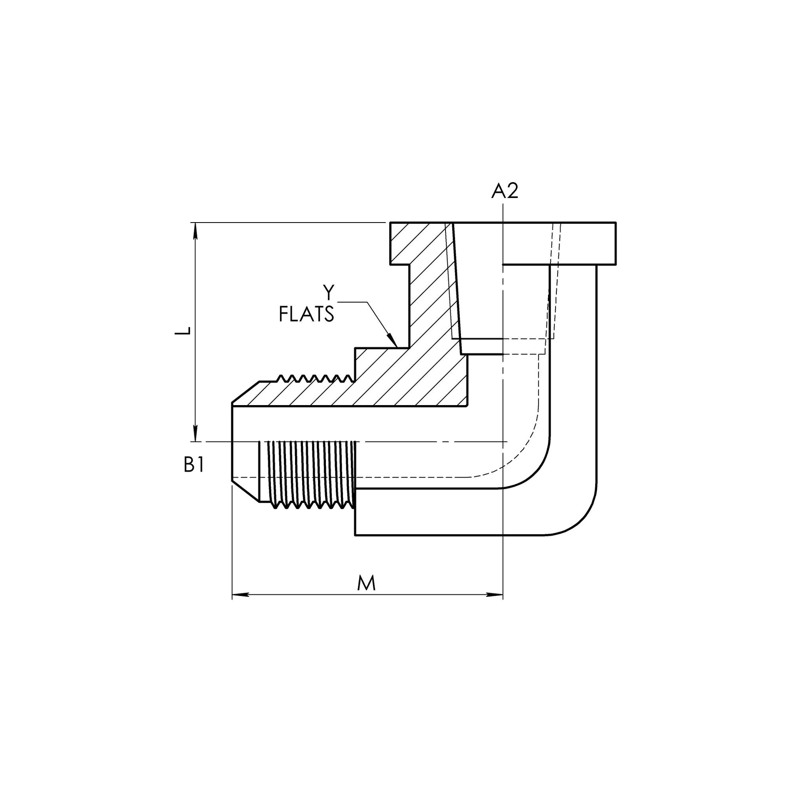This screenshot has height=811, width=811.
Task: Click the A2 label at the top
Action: click(x=505, y=191)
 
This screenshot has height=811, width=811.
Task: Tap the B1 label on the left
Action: click(x=194, y=465)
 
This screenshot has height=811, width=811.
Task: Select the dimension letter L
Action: click(x=183, y=331)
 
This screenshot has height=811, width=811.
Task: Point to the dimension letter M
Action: click(x=366, y=583)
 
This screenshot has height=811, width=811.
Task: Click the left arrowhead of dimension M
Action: click(x=240, y=595)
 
